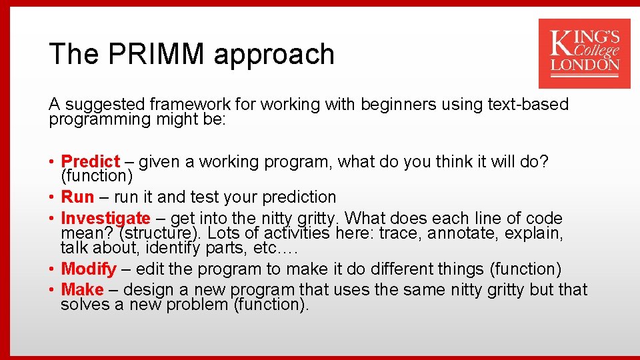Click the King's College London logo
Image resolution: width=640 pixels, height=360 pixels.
(x=584, y=53)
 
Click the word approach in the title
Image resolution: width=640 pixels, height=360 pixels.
(x=273, y=54)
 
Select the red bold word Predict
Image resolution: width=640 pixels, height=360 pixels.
(x=90, y=161)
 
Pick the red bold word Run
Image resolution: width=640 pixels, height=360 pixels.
(x=77, y=197)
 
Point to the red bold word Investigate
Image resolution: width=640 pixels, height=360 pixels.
(x=105, y=218)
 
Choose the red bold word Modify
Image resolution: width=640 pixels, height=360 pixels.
(x=88, y=269)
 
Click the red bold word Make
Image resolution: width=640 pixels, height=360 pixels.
(x=82, y=290)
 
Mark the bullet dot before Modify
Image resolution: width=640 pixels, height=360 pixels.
(x=52, y=270)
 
